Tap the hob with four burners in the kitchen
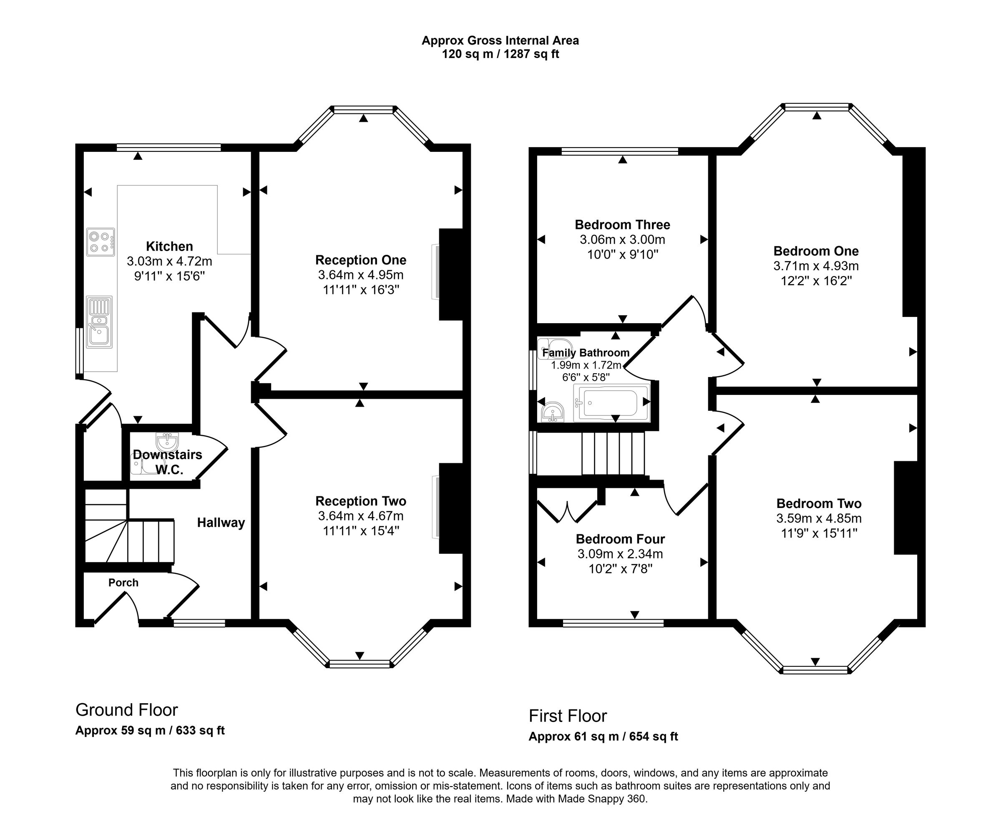[101, 242]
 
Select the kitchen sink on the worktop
[99, 322]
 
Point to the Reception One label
[360, 260]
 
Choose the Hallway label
[221, 523]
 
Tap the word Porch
[123, 583]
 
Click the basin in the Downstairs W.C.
[167, 442]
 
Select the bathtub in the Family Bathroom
[611, 403]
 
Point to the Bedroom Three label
[622, 224]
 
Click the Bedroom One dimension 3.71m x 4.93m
[816, 266]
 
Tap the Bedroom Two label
[819, 503]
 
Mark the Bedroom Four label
[620, 539]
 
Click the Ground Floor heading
[126, 710]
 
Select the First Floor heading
[568, 716]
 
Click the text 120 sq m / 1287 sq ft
[500, 54]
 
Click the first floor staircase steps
[613, 453]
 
